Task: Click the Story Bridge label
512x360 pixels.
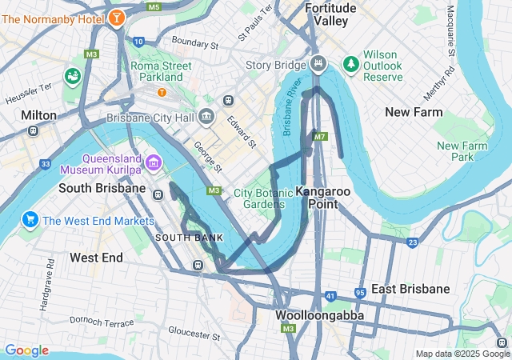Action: pyautogui.click(x=276, y=65)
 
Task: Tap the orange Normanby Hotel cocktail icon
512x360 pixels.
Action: pyautogui.click(x=117, y=17)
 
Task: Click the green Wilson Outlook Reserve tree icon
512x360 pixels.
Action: pyautogui.click(x=350, y=62)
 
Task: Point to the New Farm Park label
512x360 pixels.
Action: pyautogui.click(x=462, y=151)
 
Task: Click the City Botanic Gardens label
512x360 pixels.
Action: pyautogui.click(x=258, y=198)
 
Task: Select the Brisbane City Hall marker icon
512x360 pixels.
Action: pyautogui.click(x=206, y=118)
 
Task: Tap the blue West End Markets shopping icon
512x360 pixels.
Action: pyautogui.click(x=31, y=220)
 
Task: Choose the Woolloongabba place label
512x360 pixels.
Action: pyautogui.click(x=320, y=315)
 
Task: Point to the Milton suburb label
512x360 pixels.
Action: pyautogui.click(x=39, y=115)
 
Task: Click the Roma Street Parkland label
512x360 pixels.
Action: pyautogui.click(x=162, y=71)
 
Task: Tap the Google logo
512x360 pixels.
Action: pyautogui.click(x=26, y=350)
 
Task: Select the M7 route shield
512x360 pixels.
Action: pyautogui.click(x=321, y=137)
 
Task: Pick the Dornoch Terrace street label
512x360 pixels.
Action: pyautogui.click(x=102, y=322)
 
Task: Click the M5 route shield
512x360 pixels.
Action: pyautogui.click(x=154, y=6)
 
